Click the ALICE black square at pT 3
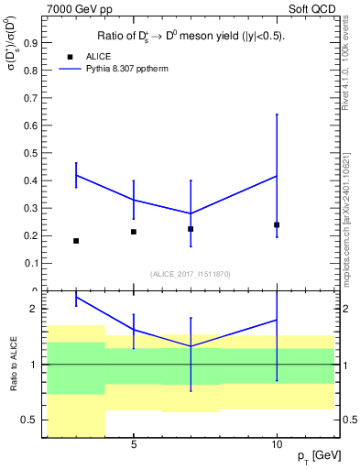pyautogui.click(x=76, y=241)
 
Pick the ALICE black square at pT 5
pyautogui.click(x=134, y=232)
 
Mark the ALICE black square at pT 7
pyautogui.click(x=191, y=229)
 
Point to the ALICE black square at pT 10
pyautogui.click(x=277, y=224)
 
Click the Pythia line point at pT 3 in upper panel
pyautogui.click(x=76, y=175)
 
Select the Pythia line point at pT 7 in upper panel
pyautogui.click(x=191, y=213)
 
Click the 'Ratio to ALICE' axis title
pyautogui.click(x=14, y=364)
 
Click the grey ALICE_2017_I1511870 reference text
pyautogui.click(x=190, y=274)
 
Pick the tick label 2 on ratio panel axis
pyautogui.click(x=33, y=310)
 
